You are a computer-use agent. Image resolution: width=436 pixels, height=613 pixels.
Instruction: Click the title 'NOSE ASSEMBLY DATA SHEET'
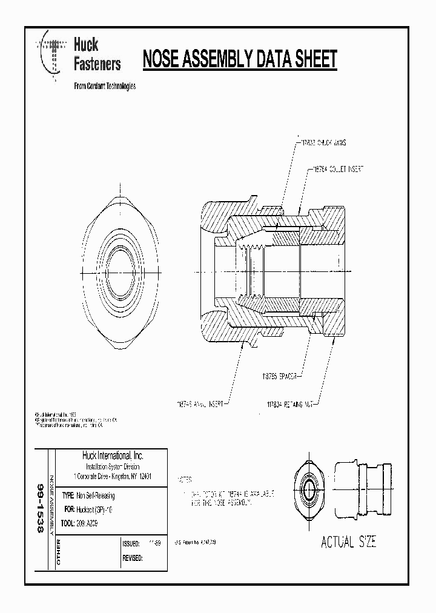point(239,59)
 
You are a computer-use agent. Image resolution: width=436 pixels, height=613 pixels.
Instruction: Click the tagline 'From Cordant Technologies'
point(104,86)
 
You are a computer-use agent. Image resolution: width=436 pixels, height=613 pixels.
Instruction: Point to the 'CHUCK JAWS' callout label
point(328,143)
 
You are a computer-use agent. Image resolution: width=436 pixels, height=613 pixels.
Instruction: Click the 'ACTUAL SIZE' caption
point(348,542)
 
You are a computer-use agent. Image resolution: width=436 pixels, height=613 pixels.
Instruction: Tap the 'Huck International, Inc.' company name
point(113,456)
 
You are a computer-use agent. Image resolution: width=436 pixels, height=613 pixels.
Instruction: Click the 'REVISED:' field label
point(133,558)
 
